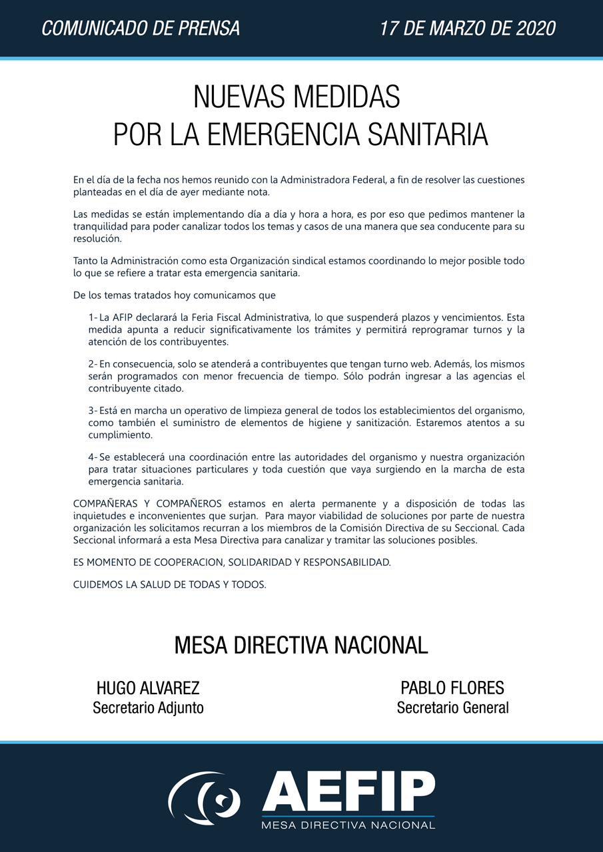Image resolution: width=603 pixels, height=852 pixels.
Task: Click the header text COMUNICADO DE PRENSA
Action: (141, 29)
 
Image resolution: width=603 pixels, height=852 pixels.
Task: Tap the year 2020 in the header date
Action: (533, 29)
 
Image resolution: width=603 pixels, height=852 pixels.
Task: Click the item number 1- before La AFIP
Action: (93, 318)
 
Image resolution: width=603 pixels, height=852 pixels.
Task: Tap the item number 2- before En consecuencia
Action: (93, 364)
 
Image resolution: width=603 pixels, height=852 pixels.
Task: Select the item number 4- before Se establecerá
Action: (93, 457)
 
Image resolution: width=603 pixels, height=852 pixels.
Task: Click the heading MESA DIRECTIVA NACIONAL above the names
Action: (301, 645)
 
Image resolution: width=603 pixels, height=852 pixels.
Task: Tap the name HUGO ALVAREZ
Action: (148, 688)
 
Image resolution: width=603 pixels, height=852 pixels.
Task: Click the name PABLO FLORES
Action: (452, 688)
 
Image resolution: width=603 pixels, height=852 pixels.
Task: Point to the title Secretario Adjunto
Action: (148, 708)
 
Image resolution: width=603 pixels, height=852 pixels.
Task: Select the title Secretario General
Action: (452, 708)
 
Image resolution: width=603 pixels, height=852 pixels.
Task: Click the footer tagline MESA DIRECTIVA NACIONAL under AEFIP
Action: (348, 825)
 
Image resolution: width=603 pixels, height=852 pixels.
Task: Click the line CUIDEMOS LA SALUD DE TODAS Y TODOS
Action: (169, 585)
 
